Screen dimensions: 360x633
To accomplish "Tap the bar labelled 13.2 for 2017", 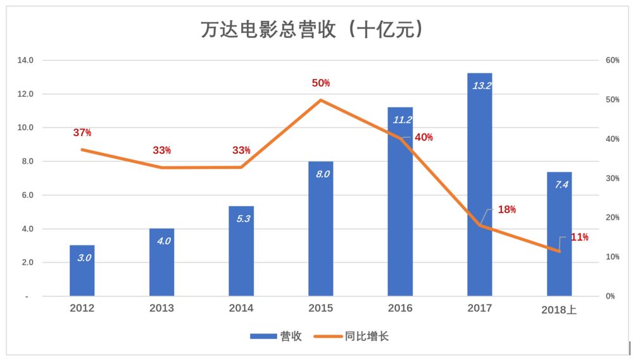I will tap(479, 190).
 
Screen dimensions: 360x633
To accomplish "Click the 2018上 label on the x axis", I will tap(560, 310).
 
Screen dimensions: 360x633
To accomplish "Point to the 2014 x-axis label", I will tap(241, 308).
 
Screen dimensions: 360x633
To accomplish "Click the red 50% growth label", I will tap(321, 83).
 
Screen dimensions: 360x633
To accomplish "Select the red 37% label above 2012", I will tap(82, 133).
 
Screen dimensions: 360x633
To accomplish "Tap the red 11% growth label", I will tap(579, 237).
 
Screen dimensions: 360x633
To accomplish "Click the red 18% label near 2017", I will tap(506, 209).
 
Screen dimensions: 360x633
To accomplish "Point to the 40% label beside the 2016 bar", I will tap(423, 137).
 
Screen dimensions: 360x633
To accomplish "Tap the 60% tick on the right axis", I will tap(612, 61).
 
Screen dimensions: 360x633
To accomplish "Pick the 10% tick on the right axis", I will tap(612, 257).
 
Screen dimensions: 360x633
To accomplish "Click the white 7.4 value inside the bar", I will tap(560, 185).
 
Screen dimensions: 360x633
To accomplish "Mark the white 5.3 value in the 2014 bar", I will tap(241, 219).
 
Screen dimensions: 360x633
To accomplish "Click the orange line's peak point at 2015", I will tap(321, 100).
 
